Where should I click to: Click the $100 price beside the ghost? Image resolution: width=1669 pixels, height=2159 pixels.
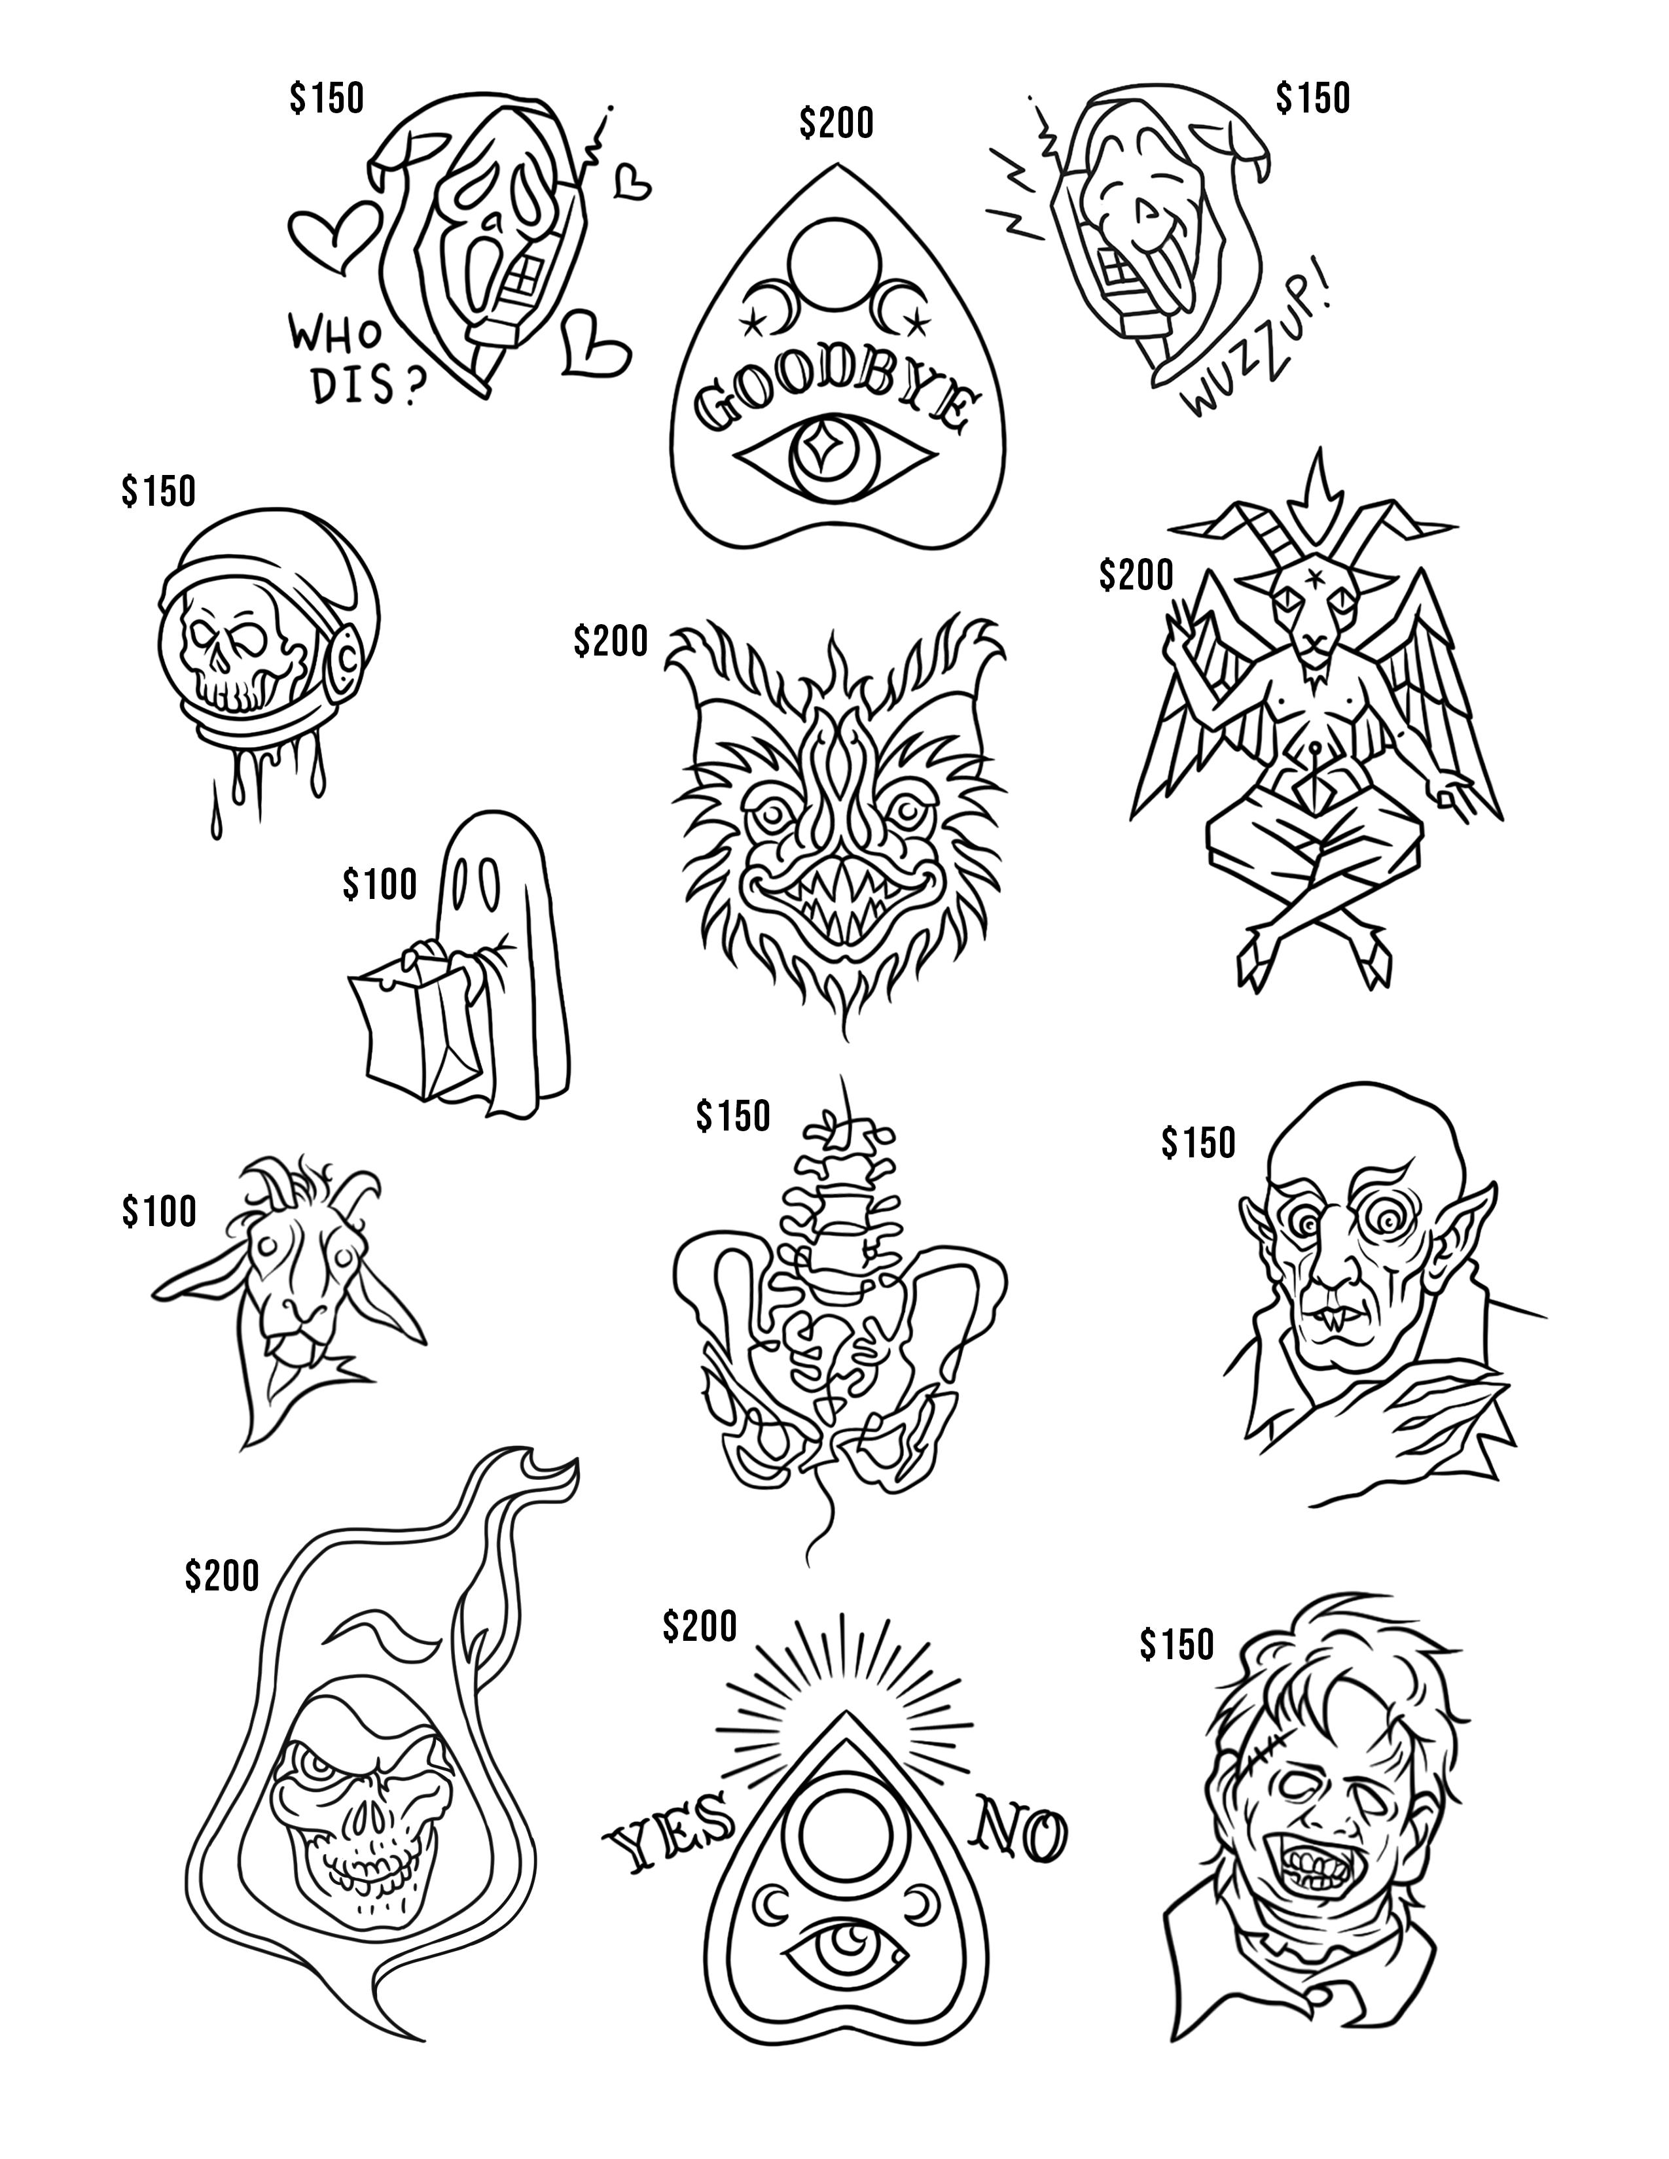[380, 884]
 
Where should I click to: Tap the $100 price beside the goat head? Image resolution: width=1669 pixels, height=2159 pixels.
[159, 1211]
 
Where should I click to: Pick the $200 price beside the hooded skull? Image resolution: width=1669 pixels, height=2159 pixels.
[221, 1576]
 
